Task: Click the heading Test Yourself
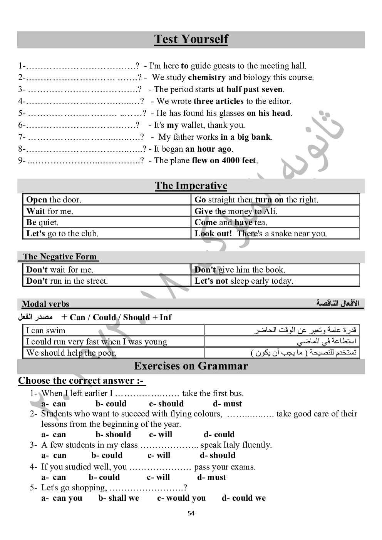click(191, 39)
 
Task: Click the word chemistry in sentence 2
click(207, 77)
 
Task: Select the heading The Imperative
click(191, 186)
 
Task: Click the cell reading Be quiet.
click(42, 222)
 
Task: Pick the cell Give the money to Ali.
click(236, 211)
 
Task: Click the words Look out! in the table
click(213, 234)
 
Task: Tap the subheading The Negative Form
click(59, 257)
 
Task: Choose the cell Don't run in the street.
click(67, 281)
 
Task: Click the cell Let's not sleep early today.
click(244, 281)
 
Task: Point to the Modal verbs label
click(45, 304)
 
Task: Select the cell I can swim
click(45, 331)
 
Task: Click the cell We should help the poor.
click(71, 353)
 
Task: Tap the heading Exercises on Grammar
click(191, 366)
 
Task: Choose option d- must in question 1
click(227, 404)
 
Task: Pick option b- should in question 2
click(113, 435)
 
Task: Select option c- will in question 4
click(158, 477)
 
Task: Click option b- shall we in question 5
click(119, 498)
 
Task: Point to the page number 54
click(191, 513)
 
